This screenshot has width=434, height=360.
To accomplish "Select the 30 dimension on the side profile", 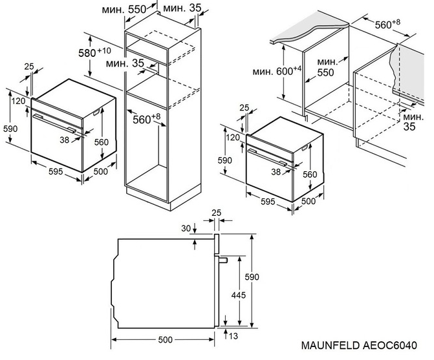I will click(186, 228).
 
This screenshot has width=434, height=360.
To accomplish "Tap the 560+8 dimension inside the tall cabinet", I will click(146, 118).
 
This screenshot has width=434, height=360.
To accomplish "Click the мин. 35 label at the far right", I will click(409, 122).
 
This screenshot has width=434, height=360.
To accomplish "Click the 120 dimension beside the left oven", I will click(18, 101).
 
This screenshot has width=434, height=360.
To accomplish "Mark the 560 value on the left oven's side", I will click(98, 143).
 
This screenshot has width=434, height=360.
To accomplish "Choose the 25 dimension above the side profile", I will click(216, 212).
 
